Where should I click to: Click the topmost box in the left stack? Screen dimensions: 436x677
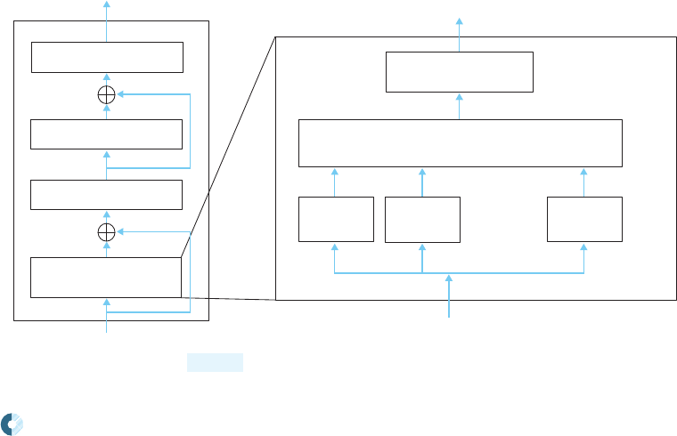coord(107,57)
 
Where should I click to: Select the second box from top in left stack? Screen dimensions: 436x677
coord(106,133)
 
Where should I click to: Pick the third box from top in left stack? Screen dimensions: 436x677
coord(106,194)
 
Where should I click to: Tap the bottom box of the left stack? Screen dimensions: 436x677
coord(106,277)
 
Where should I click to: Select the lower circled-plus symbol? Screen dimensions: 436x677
coord(106,232)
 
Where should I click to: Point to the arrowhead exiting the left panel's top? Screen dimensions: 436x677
coord(106,4)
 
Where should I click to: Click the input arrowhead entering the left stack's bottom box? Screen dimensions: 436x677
coord(106,302)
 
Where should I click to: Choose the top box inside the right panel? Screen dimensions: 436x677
coord(459,72)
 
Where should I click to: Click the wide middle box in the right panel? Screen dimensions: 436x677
coord(459,141)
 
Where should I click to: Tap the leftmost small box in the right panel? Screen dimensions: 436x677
coord(336,219)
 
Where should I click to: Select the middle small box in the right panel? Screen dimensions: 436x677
coord(422,220)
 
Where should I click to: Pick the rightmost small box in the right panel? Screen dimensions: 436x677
coord(584,219)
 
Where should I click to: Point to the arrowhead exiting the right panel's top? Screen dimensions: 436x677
coord(459,20)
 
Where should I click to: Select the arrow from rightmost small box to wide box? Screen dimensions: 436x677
coord(584,181)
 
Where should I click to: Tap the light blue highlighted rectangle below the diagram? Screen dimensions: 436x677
coord(215,362)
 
